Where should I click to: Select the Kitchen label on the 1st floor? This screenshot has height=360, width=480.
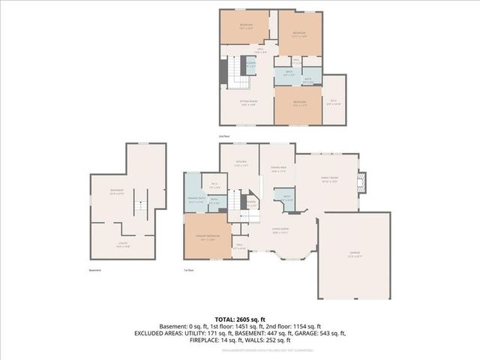pyautogui.click(x=241, y=163)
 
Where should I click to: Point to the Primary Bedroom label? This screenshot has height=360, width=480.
pyautogui.click(x=206, y=238)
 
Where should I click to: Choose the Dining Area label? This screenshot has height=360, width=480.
pyautogui.click(x=277, y=170)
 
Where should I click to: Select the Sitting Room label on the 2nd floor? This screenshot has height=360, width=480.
pyautogui.click(x=250, y=104)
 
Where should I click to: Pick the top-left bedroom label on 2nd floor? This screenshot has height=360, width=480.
pyautogui.click(x=247, y=26)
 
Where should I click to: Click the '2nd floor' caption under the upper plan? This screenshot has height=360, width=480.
pyautogui.click(x=223, y=136)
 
